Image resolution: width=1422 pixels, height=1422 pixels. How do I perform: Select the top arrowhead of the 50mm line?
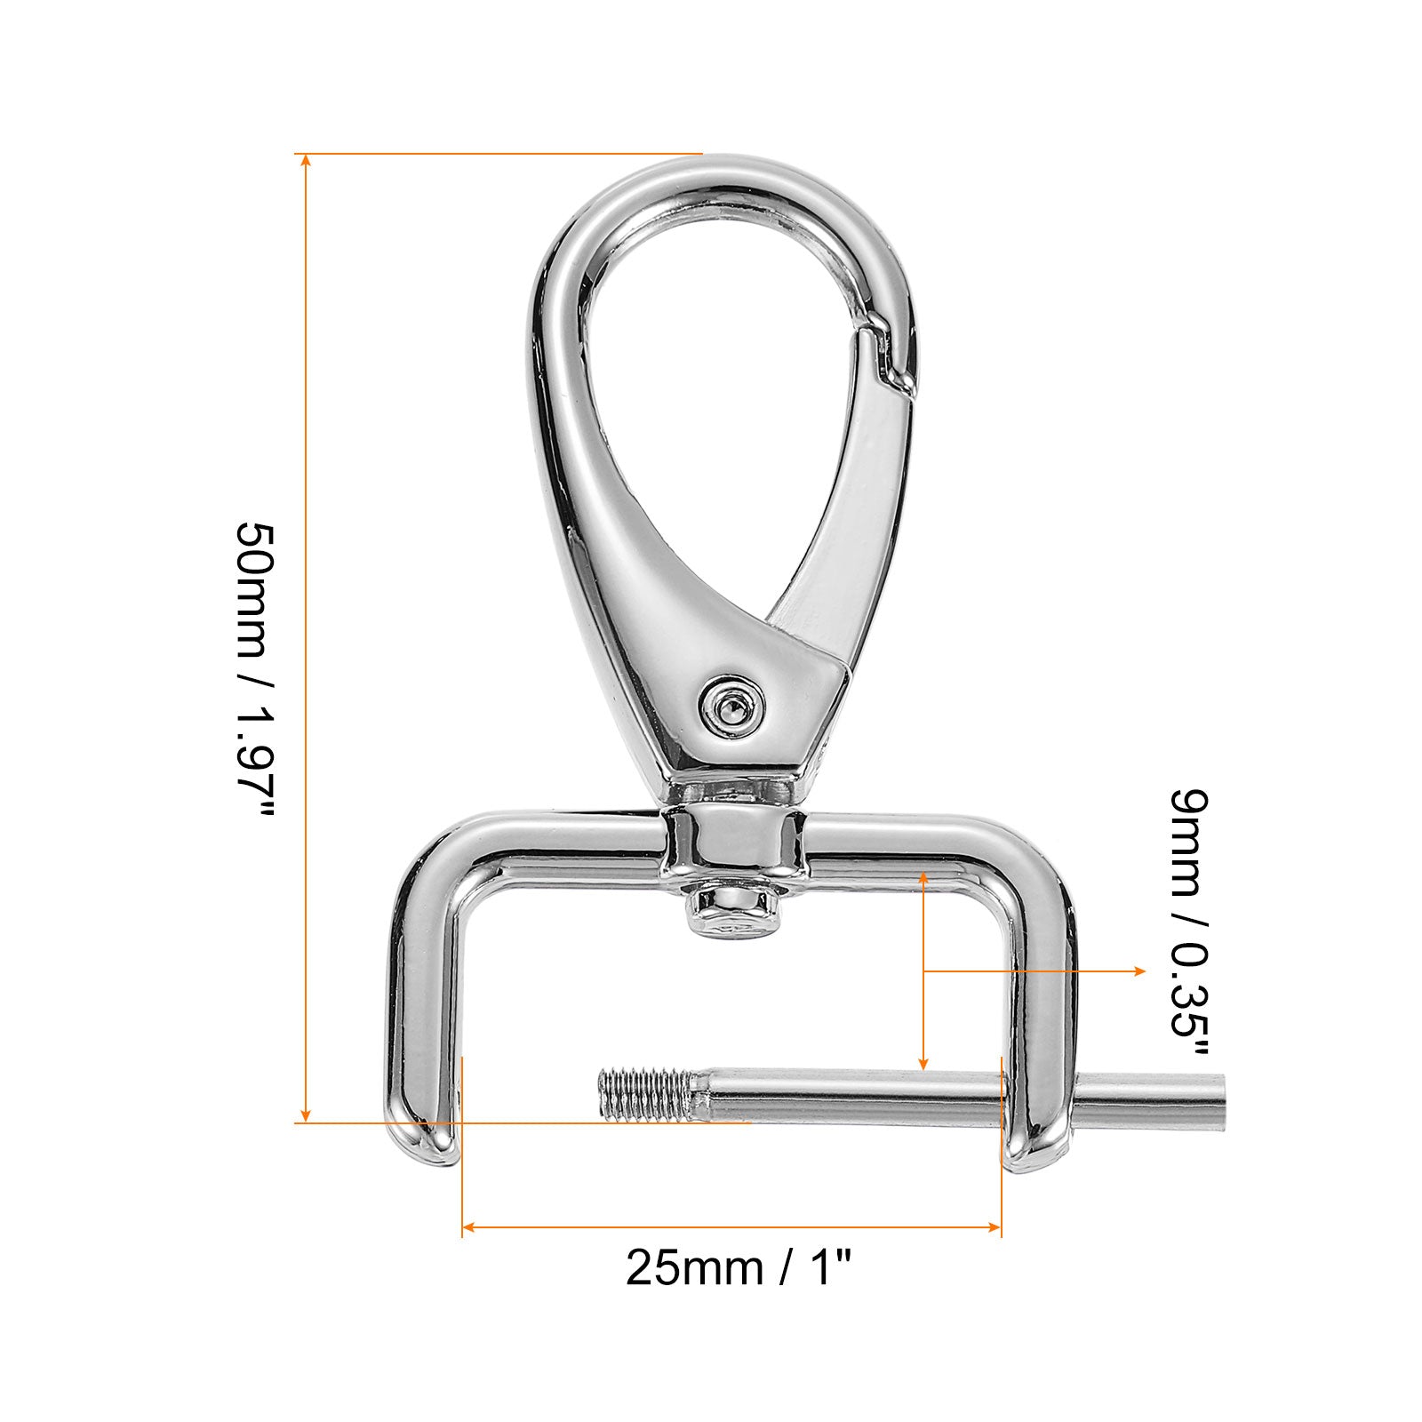pyautogui.click(x=306, y=161)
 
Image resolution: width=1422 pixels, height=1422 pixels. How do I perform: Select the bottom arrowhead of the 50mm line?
pyautogui.click(x=306, y=1114)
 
